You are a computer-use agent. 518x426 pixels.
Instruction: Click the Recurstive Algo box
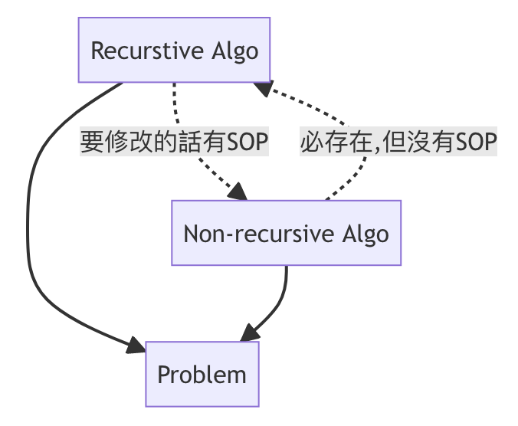[175, 51]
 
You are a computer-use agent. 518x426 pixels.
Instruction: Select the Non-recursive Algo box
[286, 233]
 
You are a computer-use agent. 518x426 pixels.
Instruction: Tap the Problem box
[202, 374]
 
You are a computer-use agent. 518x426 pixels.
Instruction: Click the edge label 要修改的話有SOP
[175, 143]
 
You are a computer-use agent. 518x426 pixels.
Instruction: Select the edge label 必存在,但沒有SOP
[398, 143]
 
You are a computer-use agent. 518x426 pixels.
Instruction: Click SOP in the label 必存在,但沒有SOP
[477, 143]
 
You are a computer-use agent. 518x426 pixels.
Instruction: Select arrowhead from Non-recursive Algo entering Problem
[248, 335]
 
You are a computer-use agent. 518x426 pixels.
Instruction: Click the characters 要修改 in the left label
[103, 143]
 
